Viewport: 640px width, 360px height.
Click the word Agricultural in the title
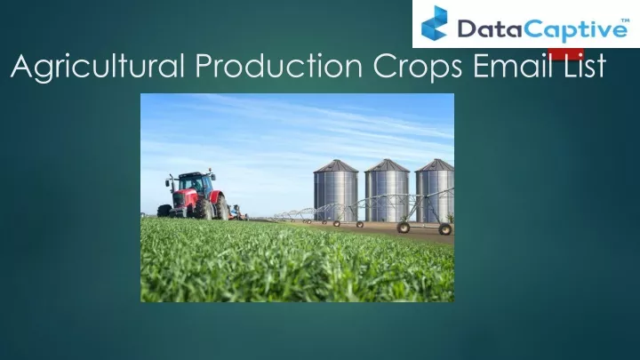tap(98, 66)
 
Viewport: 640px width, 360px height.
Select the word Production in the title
tap(279, 65)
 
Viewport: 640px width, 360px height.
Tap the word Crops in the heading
tap(418, 67)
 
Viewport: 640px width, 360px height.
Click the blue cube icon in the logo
tap(435, 23)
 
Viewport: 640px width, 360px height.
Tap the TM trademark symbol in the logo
tap(625, 20)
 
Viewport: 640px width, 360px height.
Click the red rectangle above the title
tap(565, 53)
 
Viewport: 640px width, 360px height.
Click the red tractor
tap(194, 196)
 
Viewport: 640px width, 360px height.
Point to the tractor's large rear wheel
tap(221, 207)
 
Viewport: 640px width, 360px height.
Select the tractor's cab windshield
tap(190, 182)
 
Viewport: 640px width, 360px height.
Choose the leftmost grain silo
tap(335, 190)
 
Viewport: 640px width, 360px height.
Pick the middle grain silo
tap(387, 190)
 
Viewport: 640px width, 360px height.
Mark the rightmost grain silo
tap(435, 190)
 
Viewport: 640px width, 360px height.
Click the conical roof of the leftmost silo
tap(335, 165)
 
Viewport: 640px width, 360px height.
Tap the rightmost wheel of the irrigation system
tap(445, 229)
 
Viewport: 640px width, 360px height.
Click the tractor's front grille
tap(180, 200)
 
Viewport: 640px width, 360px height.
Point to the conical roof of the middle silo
tap(387, 165)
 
